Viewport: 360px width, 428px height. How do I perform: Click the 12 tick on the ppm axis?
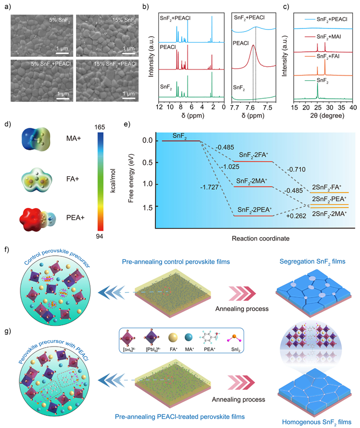tap(159, 108)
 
